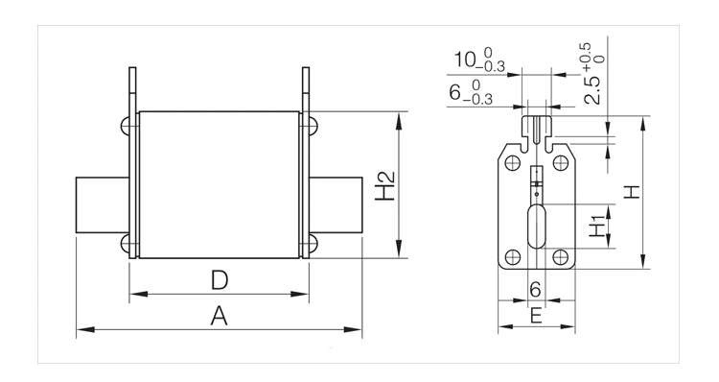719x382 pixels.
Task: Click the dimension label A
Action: click(x=220, y=316)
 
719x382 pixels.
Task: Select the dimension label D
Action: click(x=220, y=280)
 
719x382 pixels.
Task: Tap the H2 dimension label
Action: click(x=385, y=186)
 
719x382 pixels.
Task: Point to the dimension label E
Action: click(x=536, y=317)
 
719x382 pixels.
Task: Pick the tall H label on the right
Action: click(x=632, y=191)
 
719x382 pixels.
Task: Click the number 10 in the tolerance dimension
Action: click(x=465, y=60)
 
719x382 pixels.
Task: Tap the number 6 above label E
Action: click(x=535, y=290)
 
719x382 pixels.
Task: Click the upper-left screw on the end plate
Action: click(x=512, y=163)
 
